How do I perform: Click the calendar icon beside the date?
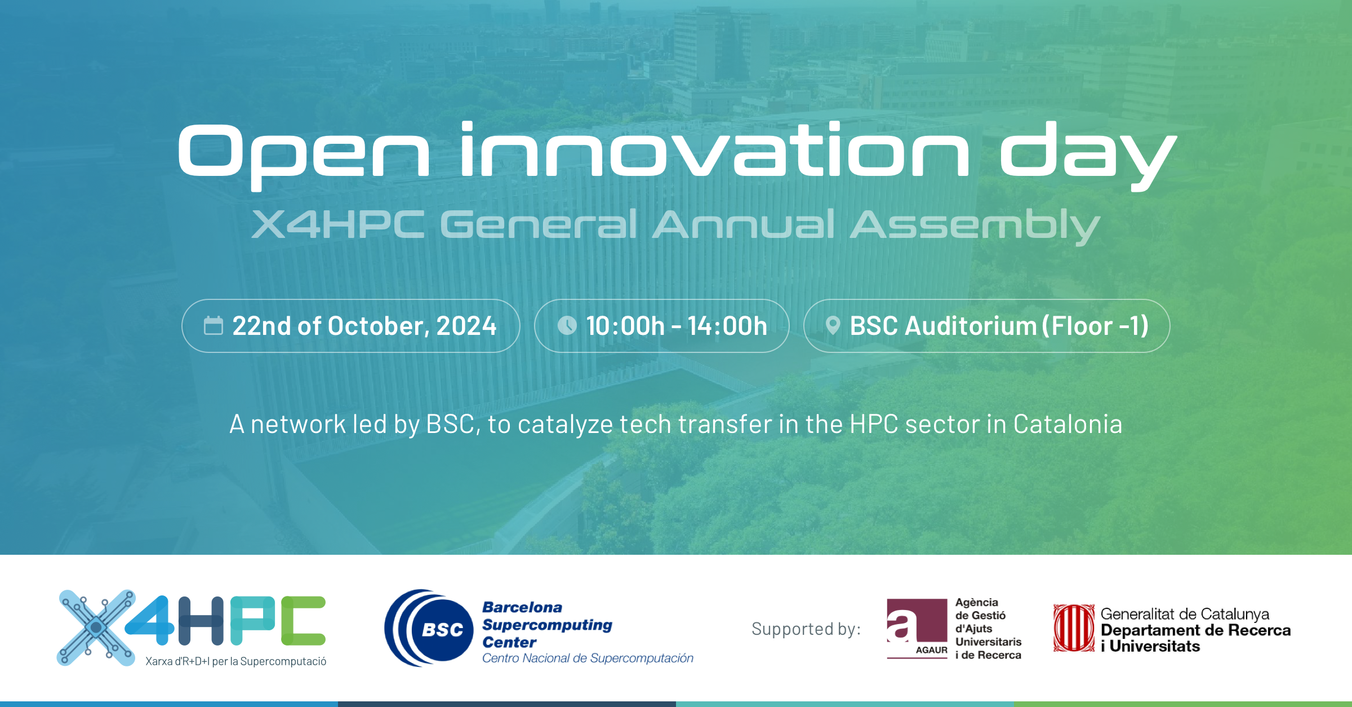[x=214, y=326]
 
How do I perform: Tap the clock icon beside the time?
[x=567, y=325]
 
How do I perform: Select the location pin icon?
[x=833, y=326]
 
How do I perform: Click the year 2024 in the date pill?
[x=466, y=326]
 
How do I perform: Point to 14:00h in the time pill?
[x=727, y=326]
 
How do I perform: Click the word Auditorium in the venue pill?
[x=970, y=326]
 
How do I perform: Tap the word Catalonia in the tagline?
[x=1068, y=424]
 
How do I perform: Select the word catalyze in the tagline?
[x=565, y=424]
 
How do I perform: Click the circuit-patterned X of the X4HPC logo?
[x=96, y=627]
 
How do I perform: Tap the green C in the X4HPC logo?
[x=303, y=620]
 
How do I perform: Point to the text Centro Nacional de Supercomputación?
[x=587, y=659]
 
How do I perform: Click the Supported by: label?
[x=806, y=629]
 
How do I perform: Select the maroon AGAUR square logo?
[x=917, y=627]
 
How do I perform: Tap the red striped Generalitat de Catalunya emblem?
[x=1074, y=628]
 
